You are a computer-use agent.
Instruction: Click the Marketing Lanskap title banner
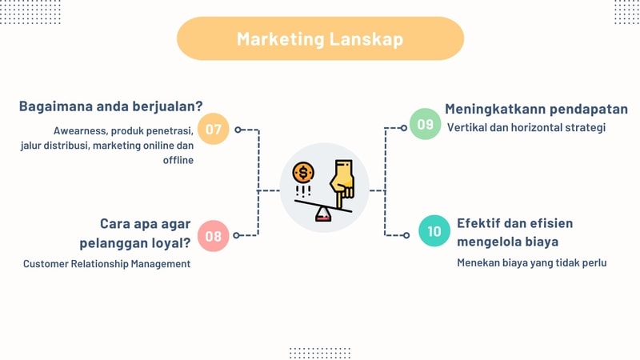coord(320,38)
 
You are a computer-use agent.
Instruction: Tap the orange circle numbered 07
coord(213,129)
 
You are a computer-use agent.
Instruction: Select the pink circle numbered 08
coord(213,236)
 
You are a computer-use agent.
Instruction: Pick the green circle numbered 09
coord(425,124)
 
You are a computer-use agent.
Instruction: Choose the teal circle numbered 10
coord(434,231)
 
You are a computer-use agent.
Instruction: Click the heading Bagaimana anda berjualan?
coord(110,106)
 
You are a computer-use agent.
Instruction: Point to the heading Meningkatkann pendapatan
coord(536,109)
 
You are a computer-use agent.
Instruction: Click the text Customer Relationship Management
coord(106,263)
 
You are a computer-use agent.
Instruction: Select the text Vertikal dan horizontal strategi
coord(526,127)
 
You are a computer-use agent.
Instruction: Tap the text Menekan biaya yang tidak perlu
coord(532,262)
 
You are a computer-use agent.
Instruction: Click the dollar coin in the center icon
coord(303,172)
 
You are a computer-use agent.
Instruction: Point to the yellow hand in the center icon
coord(343,179)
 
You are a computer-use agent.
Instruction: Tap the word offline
coord(178,161)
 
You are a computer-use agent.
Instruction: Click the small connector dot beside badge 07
coord(237,129)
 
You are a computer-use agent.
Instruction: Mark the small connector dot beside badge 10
coord(406,235)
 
